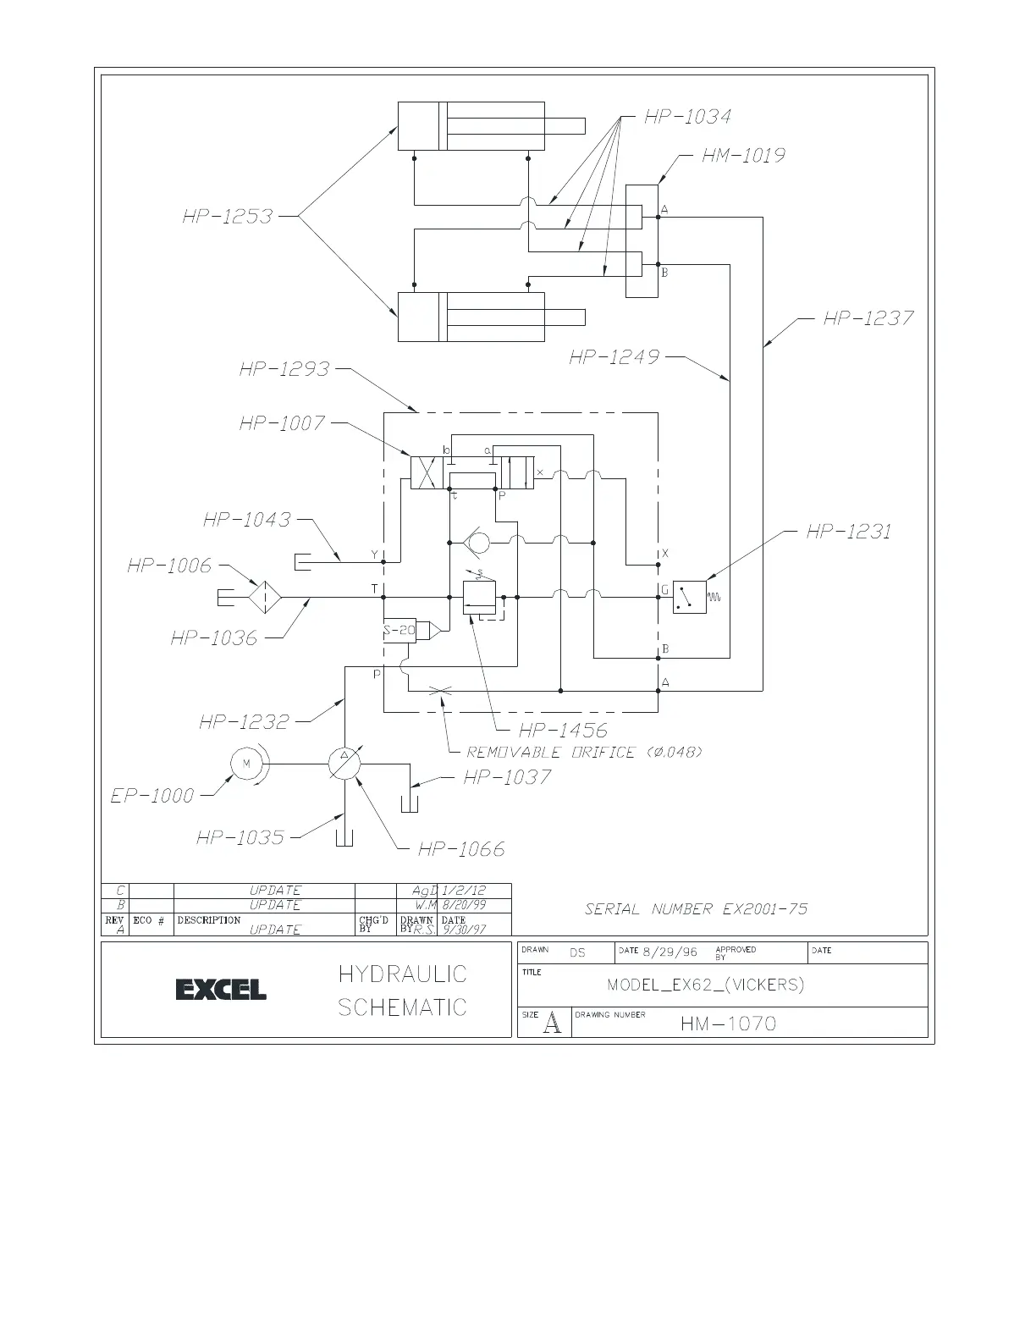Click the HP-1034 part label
pyautogui.click(x=687, y=117)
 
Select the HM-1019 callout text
pyautogui.click(x=742, y=156)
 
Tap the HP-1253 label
pyautogui.click(x=227, y=217)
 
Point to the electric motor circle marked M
pyautogui.click(x=247, y=764)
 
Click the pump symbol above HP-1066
pyautogui.click(x=344, y=764)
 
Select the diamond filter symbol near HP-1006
pyautogui.click(x=264, y=597)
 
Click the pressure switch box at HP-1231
pyautogui.click(x=689, y=597)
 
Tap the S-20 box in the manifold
pyautogui.click(x=400, y=630)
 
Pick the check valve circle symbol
pyautogui.click(x=477, y=541)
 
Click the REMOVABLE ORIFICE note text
pyautogui.click(x=584, y=753)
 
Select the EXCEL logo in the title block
pyautogui.click(x=221, y=989)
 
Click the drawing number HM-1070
pyautogui.click(x=728, y=1024)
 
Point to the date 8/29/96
pyautogui.click(x=670, y=952)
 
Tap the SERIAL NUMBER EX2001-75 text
pyautogui.click(x=696, y=909)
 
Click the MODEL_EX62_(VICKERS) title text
pyautogui.click(x=705, y=985)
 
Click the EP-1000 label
pyautogui.click(x=152, y=796)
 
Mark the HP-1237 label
pyautogui.click(x=868, y=318)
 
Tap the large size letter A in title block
pyautogui.click(x=552, y=1024)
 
